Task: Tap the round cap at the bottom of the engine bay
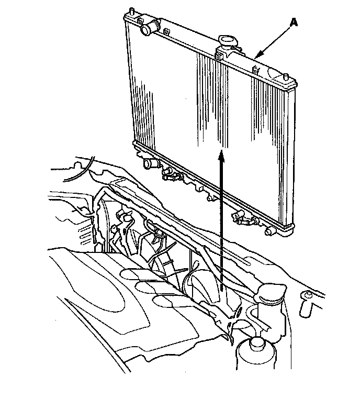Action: (256, 345)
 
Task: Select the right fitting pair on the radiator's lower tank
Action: (244, 217)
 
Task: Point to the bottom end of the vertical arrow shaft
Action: (222, 291)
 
